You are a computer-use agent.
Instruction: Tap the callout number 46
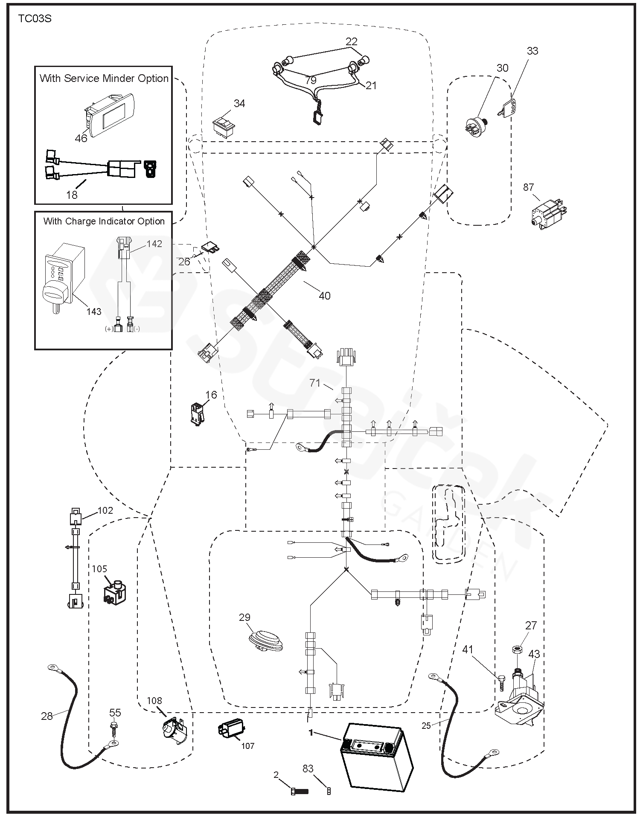click(x=81, y=138)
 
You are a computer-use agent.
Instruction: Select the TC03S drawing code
click(x=35, y=19)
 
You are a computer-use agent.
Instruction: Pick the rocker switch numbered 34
click(x=224, y=125)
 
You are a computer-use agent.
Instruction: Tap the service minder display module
click(x=110, y=115)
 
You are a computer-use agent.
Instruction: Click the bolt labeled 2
click(x=299, y=790)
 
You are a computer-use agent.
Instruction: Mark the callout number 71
click(x=315, y=383)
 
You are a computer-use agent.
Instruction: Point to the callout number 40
click(x=324, y=295)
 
